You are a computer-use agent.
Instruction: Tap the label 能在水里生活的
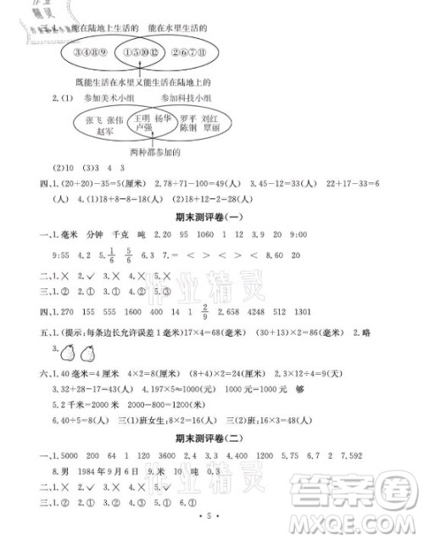coord(177,29)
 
